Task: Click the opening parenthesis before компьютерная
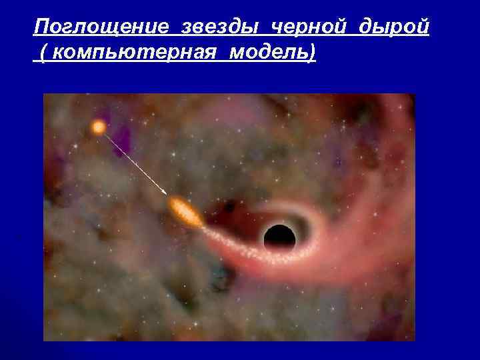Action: pyautogui.click(x=43, y=54)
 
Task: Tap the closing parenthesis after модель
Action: pyautogui.click(x=311, y=54)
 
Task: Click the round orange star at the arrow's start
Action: pyautogui.click(x=99, y=127)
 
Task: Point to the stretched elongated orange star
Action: pyautogui.click(x=185, y=212)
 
